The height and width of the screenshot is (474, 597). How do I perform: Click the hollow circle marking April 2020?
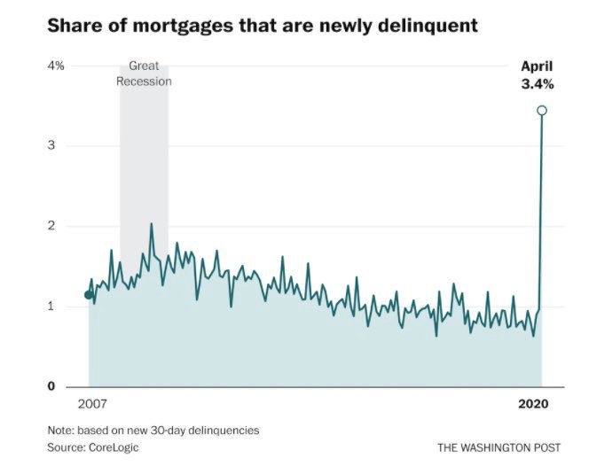click(541, 111)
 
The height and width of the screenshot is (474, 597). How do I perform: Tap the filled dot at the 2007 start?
click(88, 295)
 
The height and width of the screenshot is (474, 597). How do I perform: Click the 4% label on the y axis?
click(56, 66)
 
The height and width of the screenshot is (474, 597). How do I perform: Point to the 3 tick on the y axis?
click(51, 145)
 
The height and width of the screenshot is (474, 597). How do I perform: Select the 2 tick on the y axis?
click(51, 226)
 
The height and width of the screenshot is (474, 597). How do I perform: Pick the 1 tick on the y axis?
click(51, 307)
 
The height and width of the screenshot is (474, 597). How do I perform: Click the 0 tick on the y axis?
click(51, 387)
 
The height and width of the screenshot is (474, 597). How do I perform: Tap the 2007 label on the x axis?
click(91, 404)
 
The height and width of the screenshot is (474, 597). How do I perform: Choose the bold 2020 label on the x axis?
click(534, 404)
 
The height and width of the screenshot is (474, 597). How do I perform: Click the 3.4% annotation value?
click(536, 84)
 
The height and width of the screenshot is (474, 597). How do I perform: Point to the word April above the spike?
click(536, 66)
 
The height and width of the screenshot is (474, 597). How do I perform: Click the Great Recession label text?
click(144, 74)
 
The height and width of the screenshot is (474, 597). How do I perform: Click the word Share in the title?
click(71, 26)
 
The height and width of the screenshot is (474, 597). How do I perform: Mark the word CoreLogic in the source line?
click(114, 447)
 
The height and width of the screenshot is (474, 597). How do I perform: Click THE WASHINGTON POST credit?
click(499, 447)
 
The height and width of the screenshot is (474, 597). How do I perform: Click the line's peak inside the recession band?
click(152, 223)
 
